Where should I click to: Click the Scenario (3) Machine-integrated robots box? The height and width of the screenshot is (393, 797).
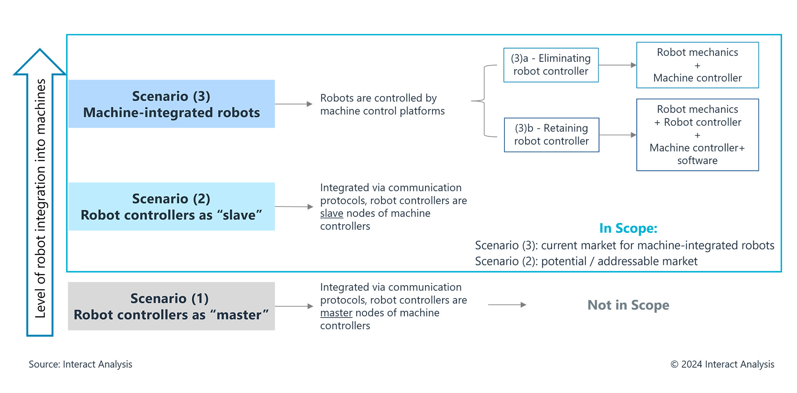pyautogui.click(x=171, y=104)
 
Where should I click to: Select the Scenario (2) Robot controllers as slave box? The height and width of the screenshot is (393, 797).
pyautogui.click(x=171, y=206)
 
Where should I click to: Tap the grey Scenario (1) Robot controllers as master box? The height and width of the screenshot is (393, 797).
pyautogui.click(x=171, y=306)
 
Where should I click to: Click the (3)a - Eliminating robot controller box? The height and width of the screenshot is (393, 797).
pyautogui.click(x=551, y=65)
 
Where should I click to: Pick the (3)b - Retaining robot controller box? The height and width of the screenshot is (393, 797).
pyautogui.click(x=551, y=135)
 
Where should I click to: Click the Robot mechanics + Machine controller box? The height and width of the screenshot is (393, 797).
pyautogui.click(x=697, y=65)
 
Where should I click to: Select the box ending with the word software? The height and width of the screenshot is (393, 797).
pyautogui.click(x=697, y=135)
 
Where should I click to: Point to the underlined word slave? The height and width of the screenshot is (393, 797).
pyautogui.click(x=331, y=213)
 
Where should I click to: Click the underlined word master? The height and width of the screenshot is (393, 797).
pyautogui.click(x=336, y=313)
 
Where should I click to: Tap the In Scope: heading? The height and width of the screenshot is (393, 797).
pyautogui.click(x=628, y=228)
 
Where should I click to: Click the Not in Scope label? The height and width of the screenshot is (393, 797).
pyautogui.click(x=628, y=305)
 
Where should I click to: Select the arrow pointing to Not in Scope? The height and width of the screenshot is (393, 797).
pyautogui.click(x=507, y=305)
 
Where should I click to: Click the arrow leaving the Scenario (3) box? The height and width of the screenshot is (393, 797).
pyautogui.click(x=293, y=104)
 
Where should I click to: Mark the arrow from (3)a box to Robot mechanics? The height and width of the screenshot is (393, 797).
pyautogui.click(x=617, y=65)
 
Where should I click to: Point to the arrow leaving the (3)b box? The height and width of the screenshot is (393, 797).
pyautogui.click(x=618, y=135)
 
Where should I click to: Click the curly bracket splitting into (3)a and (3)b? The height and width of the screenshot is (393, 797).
pyautogui.click(x=484, y=101)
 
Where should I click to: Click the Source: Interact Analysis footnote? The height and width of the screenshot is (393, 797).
pyautogui.click(x=80, y=364)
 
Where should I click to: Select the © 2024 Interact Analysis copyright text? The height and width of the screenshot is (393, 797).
pyautogui.click(x=722, y=364)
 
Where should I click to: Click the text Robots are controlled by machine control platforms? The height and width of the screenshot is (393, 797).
pyautogui.click(x=382, y=104)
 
